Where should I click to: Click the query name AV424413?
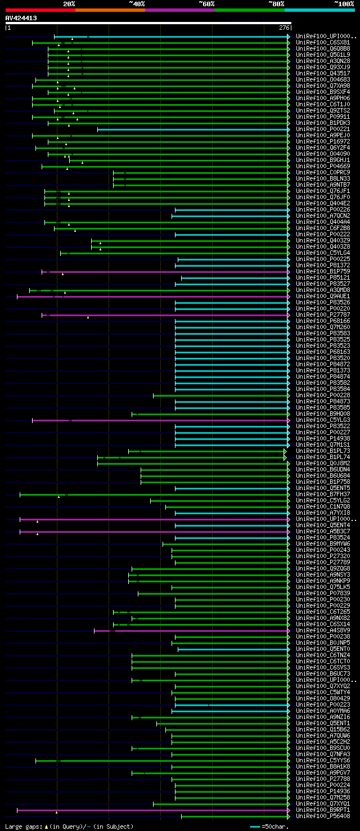[x=21, y=18]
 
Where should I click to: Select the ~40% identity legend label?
[x=137, y=3]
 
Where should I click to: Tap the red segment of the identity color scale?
[x=40, y=10]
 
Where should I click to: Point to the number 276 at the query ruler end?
[x=284, y=28]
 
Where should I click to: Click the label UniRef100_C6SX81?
[x=323, y=42]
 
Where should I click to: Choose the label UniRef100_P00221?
[x=323, y=129]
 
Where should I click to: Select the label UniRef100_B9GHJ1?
[x=323, y=160]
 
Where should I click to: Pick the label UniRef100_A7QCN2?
[x=323, y=215]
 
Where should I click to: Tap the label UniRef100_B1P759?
[x=323, y=271]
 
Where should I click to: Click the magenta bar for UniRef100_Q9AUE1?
[x=152, y=296]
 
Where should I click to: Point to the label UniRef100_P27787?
[x=323, y=315]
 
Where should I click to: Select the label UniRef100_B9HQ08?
[x=323, y=414]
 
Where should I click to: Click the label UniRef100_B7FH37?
[x=323, y=494]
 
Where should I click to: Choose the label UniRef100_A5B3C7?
[x=323, y=531]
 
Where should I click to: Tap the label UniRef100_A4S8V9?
[x=323, y=631]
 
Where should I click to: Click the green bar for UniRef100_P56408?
[x=233, y=816]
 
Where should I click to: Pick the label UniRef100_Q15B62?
[x=323, y=729]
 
